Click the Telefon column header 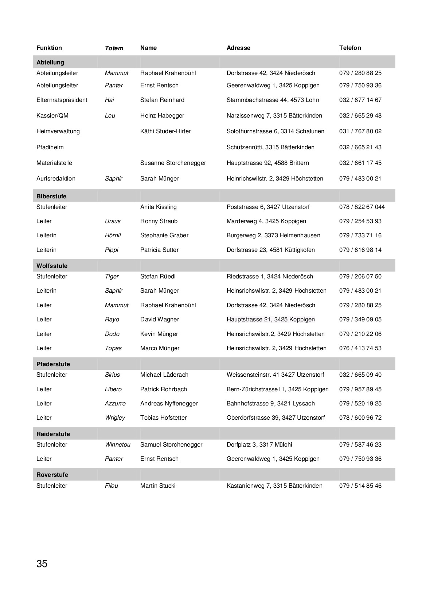pyautogui.click(x=350, y=48)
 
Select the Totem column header pyautogui.click(x=114, y=48)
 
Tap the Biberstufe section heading pyautogui.click(x=51, y=196)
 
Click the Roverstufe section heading pyautogui.click(x=52, y=475)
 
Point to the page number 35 pyautogui.click(x=42, y=564)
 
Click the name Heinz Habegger pyautogui.click(x=162, y=115)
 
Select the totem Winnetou pyautogui.click(x=117, y=444)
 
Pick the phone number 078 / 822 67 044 pyautogui.click(x=361, y=207)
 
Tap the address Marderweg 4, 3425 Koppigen pyautogui.click(x=266, y=221)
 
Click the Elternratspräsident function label pyautogui.click(x=62, y=100)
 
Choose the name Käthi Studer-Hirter pyautogui.click(x=165, y=131)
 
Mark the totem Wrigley pyautogui.click(x=115, y=417)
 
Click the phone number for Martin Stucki pyautogui.click(x=360, y=486)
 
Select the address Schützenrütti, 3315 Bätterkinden pyautogui.click(x=270, y=147)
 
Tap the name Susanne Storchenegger pyautogui.click(x=173, y=163)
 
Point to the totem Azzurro pyautogui.click(x=115, y=403)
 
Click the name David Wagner pyautogui.click(x=160, y=319)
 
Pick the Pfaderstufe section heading pyautogui.click(x=53, y=364)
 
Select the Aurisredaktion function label pyautogui.click(x=56, y=178)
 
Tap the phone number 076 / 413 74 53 pyautogui.click(x=360, y=348)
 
